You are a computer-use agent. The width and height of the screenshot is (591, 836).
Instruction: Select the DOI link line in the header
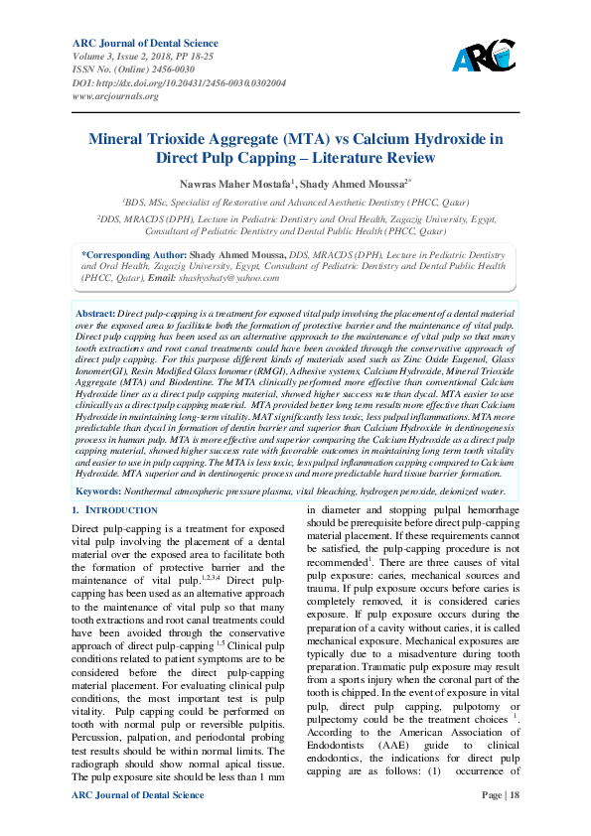pos(179,83)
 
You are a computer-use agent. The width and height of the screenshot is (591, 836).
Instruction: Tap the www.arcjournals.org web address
pos(115,96)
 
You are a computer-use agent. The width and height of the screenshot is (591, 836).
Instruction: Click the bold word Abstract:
pos(95,313)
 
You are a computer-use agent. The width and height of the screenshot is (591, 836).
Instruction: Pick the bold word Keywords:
pos(100,491)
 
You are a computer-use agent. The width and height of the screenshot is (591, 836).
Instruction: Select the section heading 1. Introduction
pos(115,510)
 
